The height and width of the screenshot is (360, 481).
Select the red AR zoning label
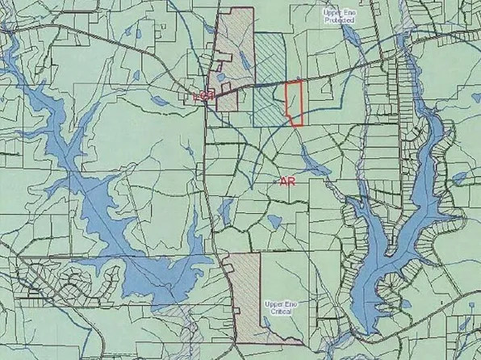(x=287, y=183)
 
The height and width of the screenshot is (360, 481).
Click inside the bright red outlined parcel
(x=295, y=103)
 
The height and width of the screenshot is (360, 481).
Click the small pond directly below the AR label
(x=270, y=220)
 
